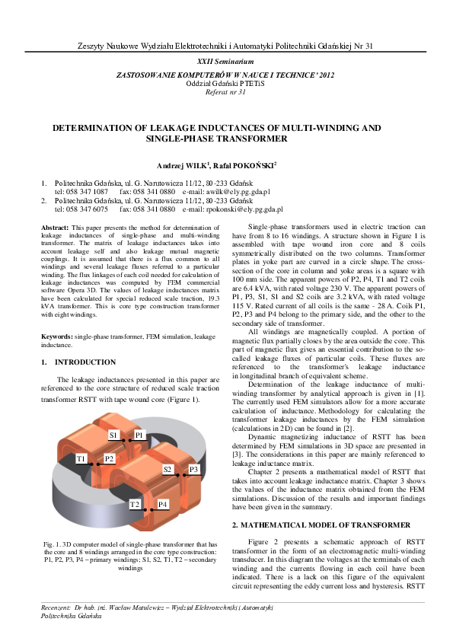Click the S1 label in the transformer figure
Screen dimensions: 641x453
point(113,435)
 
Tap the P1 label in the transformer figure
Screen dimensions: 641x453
point(139,435)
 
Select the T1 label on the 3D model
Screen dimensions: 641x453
point(81,459)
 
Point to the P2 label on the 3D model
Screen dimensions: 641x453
point(109,459)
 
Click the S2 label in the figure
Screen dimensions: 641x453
point(167,470)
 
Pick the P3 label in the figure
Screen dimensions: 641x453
point(194,470)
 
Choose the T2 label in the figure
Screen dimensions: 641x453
point(134,505)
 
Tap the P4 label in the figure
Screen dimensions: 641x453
point(162,505)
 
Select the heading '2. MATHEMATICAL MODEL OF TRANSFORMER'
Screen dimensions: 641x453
point(324,525)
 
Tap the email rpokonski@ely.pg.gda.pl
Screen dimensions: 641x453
point(244,209)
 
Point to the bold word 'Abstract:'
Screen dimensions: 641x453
point(55,228)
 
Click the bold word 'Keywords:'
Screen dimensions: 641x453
point(56,336)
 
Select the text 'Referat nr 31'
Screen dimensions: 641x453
point(226,91)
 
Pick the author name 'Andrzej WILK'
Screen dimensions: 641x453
point(182,164)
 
